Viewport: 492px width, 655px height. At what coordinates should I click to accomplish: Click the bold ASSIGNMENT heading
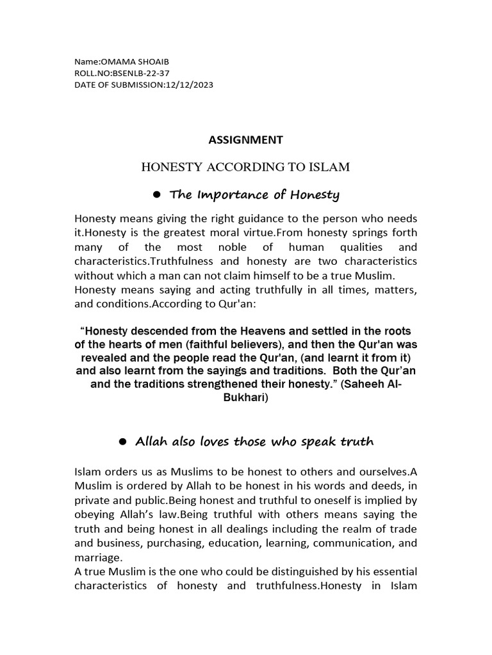click(246, 139)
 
